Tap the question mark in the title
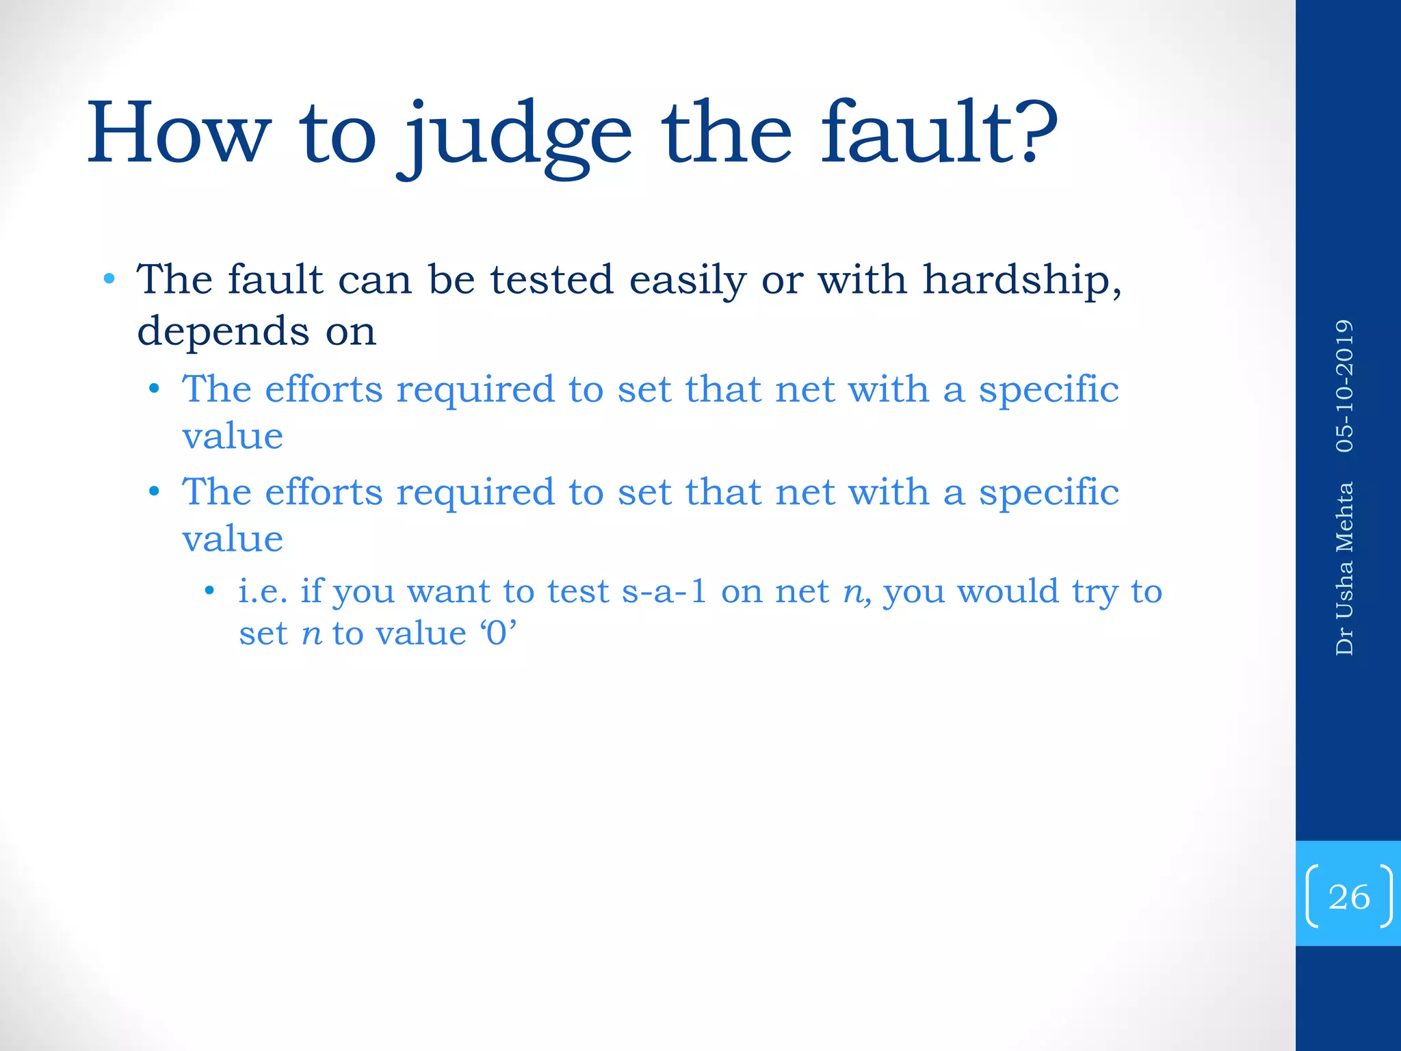coord(1034,130)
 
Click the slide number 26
coord(1348,896)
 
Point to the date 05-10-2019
coord(1344,386)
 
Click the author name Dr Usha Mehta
coord(1344,569)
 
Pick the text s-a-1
coord(664,591)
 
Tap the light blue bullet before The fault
coord(109,278)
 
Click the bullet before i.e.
coord(209,590)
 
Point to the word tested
coord(551,280)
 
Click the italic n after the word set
coord(311,634)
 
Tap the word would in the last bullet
coord(1008,591)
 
